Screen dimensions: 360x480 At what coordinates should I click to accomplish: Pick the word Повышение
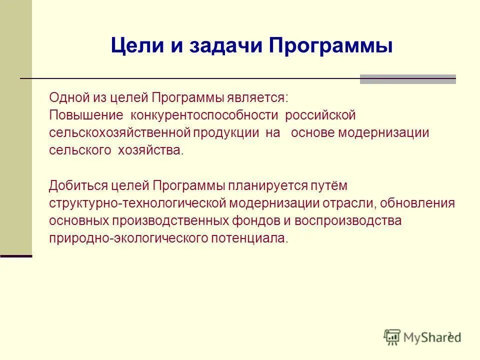(86, 115)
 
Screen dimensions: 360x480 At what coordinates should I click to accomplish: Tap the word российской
(320, 115)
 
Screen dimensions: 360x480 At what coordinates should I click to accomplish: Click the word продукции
(230, 133)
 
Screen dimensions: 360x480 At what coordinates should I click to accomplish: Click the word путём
(327, 185)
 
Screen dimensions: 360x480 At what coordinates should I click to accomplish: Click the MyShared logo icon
(392, 336)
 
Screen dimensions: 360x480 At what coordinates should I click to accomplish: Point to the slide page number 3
(449, 334)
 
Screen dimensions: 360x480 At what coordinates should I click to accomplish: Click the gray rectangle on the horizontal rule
(407, 79)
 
